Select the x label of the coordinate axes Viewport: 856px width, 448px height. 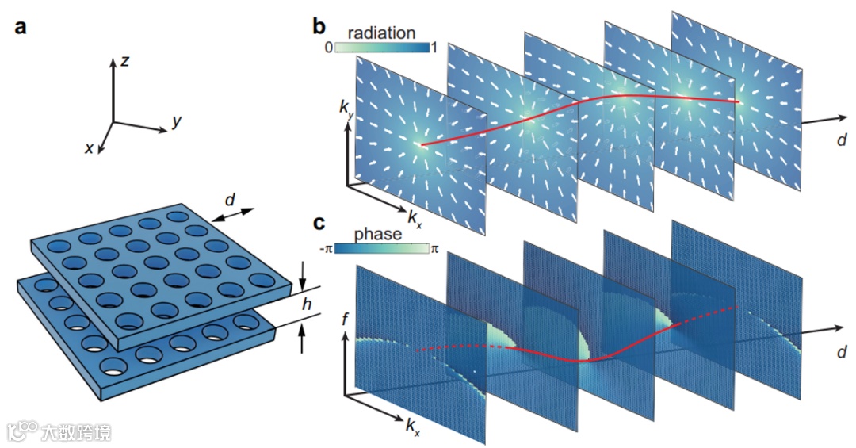[x=90, y=147]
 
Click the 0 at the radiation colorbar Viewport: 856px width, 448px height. [x=327, y=48]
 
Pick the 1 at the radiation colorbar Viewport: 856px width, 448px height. [x=433, y=48]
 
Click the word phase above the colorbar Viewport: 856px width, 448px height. [x=377, y=235]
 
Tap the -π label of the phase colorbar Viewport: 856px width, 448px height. [x=323, y=249]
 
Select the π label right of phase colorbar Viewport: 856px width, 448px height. [x=434, y=249]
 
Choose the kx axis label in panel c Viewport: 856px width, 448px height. [x=413, y=428]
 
